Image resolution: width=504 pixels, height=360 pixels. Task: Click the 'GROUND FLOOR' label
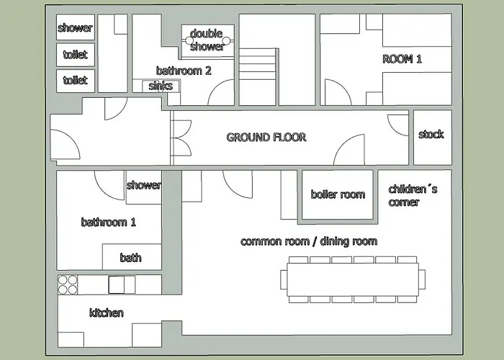[x=266, y=138]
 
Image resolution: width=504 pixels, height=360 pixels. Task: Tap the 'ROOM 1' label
[x=402, y=59]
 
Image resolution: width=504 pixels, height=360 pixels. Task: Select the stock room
[x=433, y=138]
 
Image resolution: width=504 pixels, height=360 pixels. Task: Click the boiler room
[x=338, y=194]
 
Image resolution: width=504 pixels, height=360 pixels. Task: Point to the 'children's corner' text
[x=413, y=195]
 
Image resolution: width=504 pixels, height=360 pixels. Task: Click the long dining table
[x=353, y=279]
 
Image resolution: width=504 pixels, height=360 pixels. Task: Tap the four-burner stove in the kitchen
[x=68, y=285]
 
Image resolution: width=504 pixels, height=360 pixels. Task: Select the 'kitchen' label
[x=107, y=312]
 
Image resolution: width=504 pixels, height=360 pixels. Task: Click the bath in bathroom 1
[x=132, y=257]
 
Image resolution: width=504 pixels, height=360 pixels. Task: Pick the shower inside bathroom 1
[x=143, y=187]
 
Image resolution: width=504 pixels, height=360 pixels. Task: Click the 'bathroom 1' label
[x=108, y=222]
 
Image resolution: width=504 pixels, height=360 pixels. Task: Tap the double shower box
[x=208, y=41]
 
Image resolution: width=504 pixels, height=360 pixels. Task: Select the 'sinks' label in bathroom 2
[x=161, y=86]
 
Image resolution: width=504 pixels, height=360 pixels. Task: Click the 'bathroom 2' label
[x=184, y=71]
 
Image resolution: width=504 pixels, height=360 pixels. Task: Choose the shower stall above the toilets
[x=76, y=27]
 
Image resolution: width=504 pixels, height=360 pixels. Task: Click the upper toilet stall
[x=76, y=55]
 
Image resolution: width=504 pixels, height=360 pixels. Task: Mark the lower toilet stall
[x=76, y=81]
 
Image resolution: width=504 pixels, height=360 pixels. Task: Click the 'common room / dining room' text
[x=309, y=241]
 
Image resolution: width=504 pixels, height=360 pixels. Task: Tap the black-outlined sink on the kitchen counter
[x=117, y=285]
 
